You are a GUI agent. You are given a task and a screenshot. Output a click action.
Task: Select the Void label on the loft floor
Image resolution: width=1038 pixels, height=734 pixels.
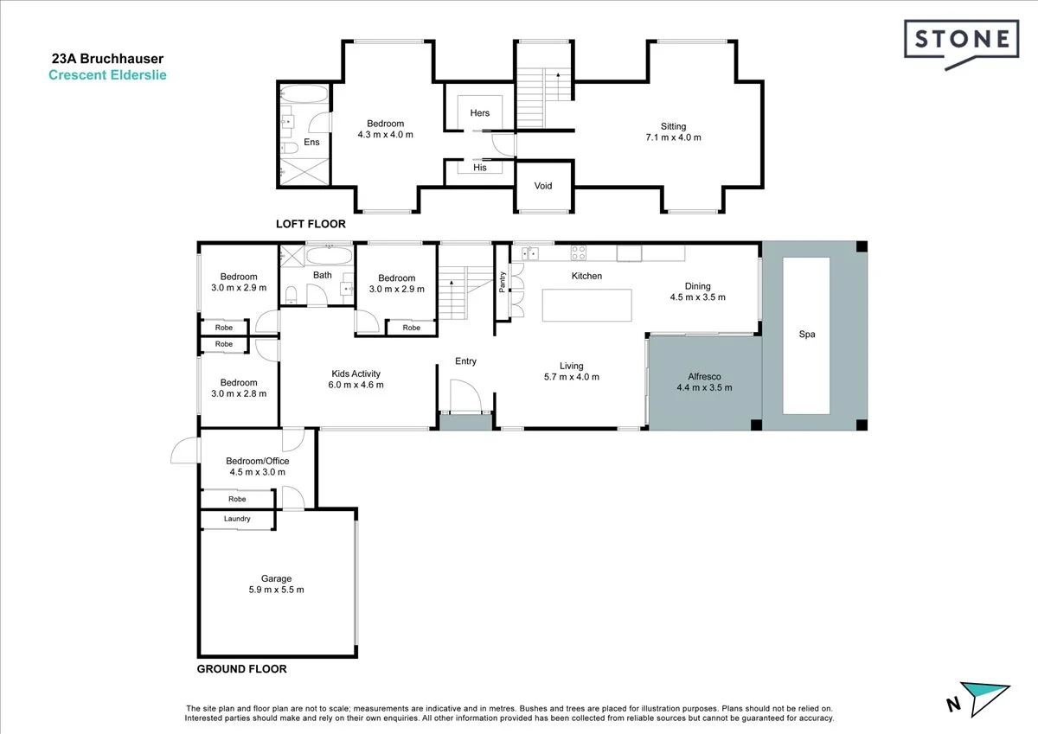pyautogui.click(x=543, y=186)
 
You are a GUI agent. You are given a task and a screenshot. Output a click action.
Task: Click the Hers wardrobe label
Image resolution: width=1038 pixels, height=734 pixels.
pyautogui.click(x=480, y=113)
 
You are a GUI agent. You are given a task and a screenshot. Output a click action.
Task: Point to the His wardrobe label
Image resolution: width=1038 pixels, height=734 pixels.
pyautogui.click(x=480, y=168)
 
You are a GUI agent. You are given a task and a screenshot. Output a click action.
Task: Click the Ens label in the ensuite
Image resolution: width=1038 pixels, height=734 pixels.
pyautogui.click(x=311, y=143)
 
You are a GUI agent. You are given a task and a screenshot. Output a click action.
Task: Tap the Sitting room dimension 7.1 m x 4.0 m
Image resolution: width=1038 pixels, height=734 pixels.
pyautogui.click(x=673, y=137)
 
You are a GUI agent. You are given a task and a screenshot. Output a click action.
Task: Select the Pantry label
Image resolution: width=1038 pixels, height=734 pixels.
pyautogui.click(x=503, y=283)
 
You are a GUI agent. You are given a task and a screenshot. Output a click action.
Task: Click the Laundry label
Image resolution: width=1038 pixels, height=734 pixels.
pyautogui.click(x=237, y=519)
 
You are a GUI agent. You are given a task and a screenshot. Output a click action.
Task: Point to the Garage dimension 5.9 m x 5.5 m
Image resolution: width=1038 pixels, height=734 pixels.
pyautogui.click(x=277, y=590)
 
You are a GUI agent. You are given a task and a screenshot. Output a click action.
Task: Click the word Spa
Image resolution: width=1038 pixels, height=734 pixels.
pyautogui.click(x=807, y=334)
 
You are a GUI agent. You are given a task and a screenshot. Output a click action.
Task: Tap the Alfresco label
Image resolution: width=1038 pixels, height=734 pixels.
pyautogui.click(x=704, y=377)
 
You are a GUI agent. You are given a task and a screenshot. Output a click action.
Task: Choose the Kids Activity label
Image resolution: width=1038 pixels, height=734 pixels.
pyautogui.click(x=356, y=373)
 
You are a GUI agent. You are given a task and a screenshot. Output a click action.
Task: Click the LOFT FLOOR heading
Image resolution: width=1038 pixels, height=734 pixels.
pyautogui.click(x=311, y=224)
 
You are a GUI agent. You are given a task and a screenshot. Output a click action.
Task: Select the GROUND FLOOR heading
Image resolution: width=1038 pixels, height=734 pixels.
pyautogui.click(x=241, y=669)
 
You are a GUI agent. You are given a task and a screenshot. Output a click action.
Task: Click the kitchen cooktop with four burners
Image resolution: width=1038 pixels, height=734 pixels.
pyautogui.click(x=579, y=253)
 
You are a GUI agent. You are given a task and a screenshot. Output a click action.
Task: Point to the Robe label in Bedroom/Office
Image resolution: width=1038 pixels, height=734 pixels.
pyautogui.click(x=237, y=499)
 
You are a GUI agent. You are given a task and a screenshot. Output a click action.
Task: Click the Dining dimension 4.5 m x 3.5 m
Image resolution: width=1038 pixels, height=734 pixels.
pyautogui.click(x=697, y=297)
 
